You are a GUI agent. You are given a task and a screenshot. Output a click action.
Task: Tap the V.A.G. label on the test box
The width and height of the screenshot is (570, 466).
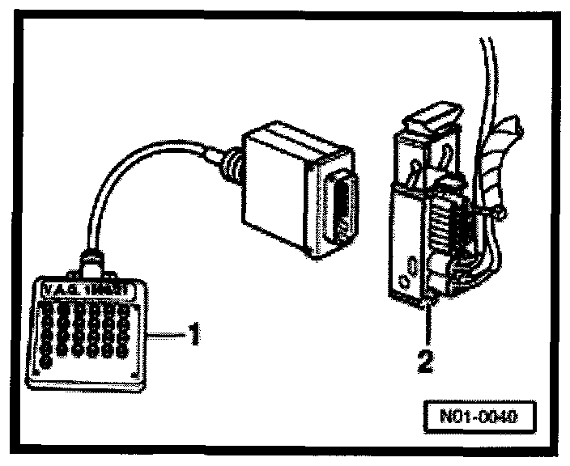[x=88, y=288]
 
